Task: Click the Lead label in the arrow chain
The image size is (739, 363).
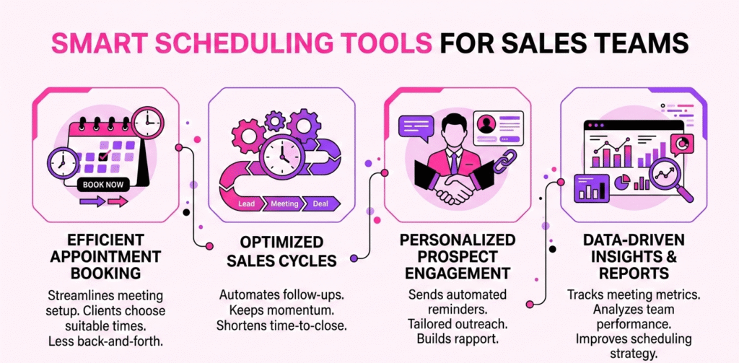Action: pos(246,204)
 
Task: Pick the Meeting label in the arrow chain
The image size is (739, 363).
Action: pos(284,204)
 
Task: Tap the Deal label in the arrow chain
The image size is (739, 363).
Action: pos(320,204)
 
